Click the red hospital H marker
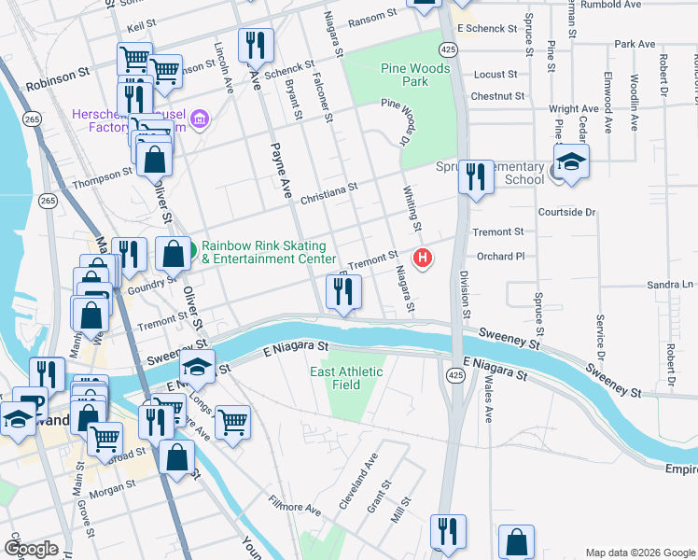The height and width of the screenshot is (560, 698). pyautogui.click(x=424, y=258)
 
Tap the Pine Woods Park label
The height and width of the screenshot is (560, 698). pyautogui.click(x=415, y=75)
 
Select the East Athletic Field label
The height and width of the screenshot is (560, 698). pyautogui.click(x=346, y=378)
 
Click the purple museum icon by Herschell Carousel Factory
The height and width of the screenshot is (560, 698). pyautogui.click(x=199, y=119)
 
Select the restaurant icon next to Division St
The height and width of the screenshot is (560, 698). pyautogui.click(x=476, y=176)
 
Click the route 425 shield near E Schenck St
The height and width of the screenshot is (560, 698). pyautogui.click(x=449, y=48)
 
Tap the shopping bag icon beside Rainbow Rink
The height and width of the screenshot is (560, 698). pyautogui.click(x=174, y=253)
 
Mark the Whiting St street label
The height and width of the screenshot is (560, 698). pyautogui.click(x=412, y=208)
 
